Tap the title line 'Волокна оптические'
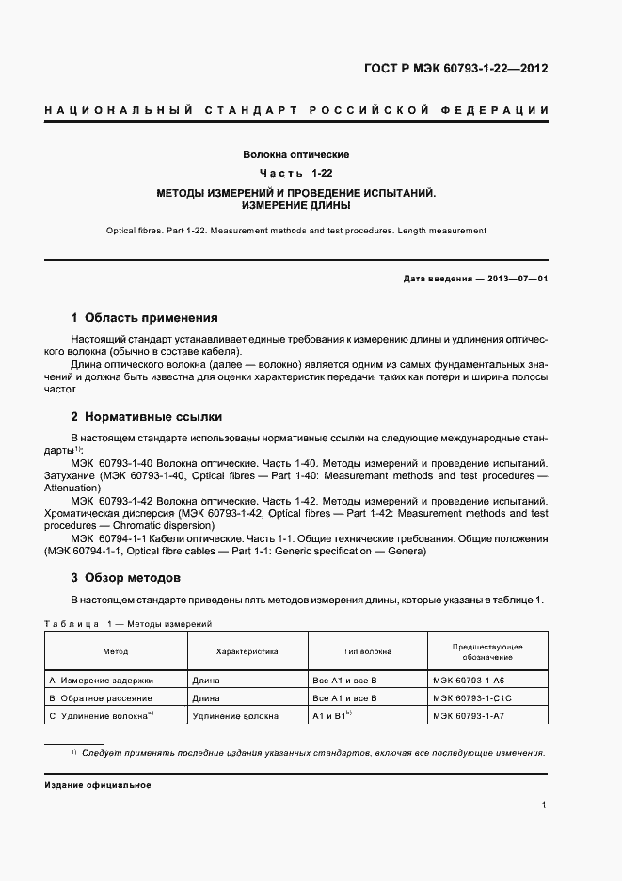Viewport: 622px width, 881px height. tap(295, 153)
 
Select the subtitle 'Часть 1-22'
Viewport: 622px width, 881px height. tap(295, 173)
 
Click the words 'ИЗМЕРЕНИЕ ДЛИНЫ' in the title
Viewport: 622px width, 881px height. tap(295, 204)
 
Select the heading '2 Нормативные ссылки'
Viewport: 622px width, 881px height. tap(147, 416)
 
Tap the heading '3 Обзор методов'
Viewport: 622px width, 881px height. tap(126, 577)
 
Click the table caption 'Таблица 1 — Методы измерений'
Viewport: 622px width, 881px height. tap(128, 624)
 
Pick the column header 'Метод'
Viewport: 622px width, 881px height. tap(116, 651)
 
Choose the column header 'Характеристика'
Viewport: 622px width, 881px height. tap(247, 651)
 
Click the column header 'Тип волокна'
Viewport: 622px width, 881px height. tap(367, 651)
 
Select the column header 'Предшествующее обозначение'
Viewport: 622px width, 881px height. tap(487, 651)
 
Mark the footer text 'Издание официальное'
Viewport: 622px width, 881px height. tap(98, 785)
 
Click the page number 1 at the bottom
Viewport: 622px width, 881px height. tap(545, 805)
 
